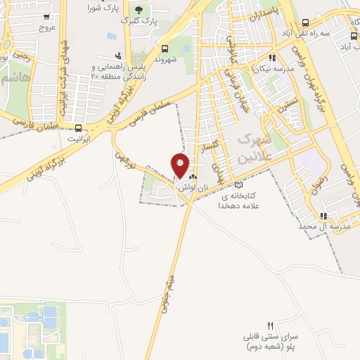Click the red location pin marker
[180, 165]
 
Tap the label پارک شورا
[102, 8]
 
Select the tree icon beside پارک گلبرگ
[138, 10]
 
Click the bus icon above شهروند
[165, 49]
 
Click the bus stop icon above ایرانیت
[77, 128]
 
